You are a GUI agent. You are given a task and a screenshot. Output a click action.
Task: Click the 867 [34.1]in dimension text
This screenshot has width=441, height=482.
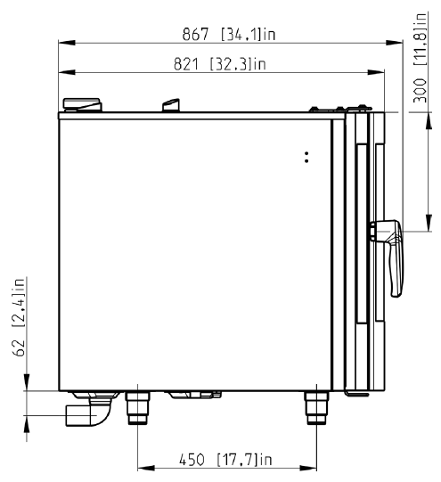[x=229, y=34]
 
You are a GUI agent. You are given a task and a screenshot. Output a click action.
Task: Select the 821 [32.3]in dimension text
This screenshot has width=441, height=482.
[x=219, y=64]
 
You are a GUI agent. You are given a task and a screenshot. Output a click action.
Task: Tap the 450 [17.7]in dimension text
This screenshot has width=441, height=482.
[x=225, y=460]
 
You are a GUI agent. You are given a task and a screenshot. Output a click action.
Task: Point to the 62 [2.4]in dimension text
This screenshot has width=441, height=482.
[x=19, y=317]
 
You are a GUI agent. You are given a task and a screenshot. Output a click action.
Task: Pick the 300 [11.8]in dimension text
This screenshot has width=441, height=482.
[x=420, y=58]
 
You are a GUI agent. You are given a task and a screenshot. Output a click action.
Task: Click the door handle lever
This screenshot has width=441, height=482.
[x=388, y=257]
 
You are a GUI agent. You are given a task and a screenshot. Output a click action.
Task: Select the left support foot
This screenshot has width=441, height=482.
[x=138, y=408]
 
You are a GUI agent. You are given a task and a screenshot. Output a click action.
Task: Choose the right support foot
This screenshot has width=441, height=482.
[x=316, y=408]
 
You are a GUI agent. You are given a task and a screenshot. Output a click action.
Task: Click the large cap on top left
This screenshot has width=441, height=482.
[x=82, y=104]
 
